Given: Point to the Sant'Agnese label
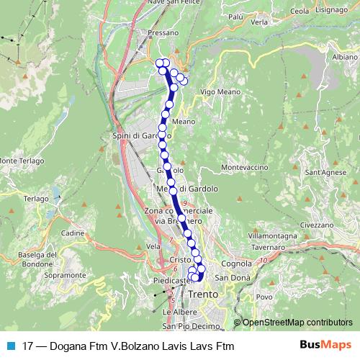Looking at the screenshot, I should click(x=323, y=173).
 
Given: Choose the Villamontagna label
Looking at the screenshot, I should click(x=272, y=235).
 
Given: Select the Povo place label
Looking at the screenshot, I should click(x=264, y=297).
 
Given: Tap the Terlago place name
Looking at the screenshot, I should click(x=35, y=197).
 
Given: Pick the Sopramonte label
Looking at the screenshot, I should click(x=60, y=275).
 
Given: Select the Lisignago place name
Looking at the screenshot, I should click(x=330, y=11).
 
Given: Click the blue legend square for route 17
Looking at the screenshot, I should click(x=10, y=346).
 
